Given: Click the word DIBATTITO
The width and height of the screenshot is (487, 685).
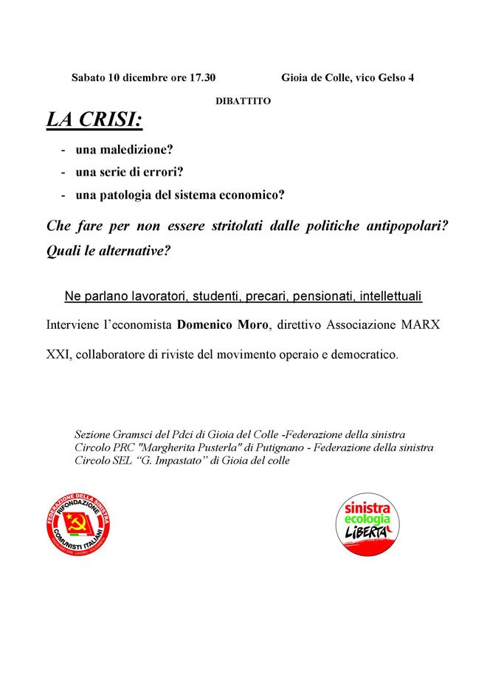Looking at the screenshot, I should pyautogui.click(x=243, y=101).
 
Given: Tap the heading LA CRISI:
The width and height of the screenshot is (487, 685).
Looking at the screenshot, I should pyautogui.click(x=94, y=120).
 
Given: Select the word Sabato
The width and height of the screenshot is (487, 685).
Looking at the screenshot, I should pyautogui.click(x=89, y=77).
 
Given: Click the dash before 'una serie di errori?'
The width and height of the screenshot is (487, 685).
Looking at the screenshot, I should pyautogui.click(x=63, y=173).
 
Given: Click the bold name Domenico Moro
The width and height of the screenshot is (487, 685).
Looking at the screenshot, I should pyautogui.click(x=214, y=325).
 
